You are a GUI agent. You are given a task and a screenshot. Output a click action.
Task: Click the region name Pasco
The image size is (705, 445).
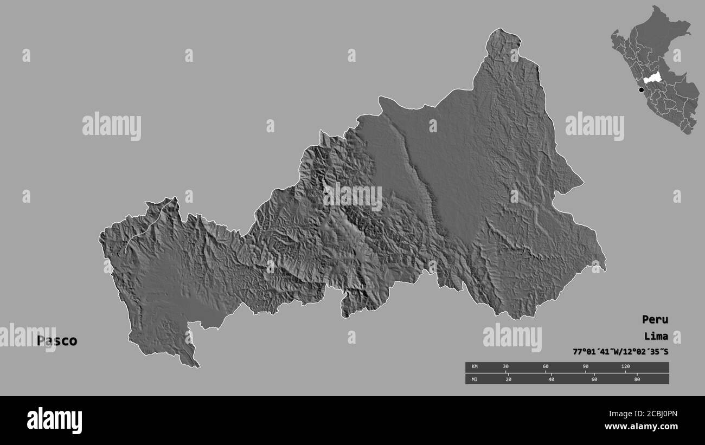coord(57,341)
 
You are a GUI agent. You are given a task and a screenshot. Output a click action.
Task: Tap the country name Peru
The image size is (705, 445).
coord(655,319)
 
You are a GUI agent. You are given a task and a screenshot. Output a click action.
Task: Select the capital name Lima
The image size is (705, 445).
coord(656,336)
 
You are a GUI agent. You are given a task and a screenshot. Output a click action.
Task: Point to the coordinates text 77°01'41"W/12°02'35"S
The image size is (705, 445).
coord(620,352)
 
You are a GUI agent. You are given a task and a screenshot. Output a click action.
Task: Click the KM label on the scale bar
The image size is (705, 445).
coord(474,367)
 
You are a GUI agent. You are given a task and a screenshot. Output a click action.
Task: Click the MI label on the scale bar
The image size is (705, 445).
coord(474,379)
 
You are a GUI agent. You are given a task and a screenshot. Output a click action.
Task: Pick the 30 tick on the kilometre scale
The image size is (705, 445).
coord(505,367)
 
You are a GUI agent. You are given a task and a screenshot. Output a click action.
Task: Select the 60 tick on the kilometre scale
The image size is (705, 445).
coord(546,367)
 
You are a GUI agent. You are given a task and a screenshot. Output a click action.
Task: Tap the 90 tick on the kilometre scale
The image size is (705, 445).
coord(585,367)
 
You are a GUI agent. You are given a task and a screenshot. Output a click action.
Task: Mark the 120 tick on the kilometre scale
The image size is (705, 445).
coord(625,367)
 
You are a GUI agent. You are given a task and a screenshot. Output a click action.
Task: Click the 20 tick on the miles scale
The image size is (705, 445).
coord(508,379)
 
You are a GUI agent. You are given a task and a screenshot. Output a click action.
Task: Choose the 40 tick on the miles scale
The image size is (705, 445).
coord(551,379)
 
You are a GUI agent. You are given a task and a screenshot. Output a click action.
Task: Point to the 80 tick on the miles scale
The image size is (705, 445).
coord(637,379)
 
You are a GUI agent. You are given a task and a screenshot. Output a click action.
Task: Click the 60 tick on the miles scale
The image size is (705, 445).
coord(594,379)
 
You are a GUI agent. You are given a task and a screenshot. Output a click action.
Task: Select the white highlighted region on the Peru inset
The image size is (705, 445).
coord(652,78)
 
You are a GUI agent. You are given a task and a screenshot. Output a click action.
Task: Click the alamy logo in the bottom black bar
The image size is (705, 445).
coord(54,420)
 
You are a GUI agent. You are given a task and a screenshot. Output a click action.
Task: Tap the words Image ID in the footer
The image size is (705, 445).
coord(606,414)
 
